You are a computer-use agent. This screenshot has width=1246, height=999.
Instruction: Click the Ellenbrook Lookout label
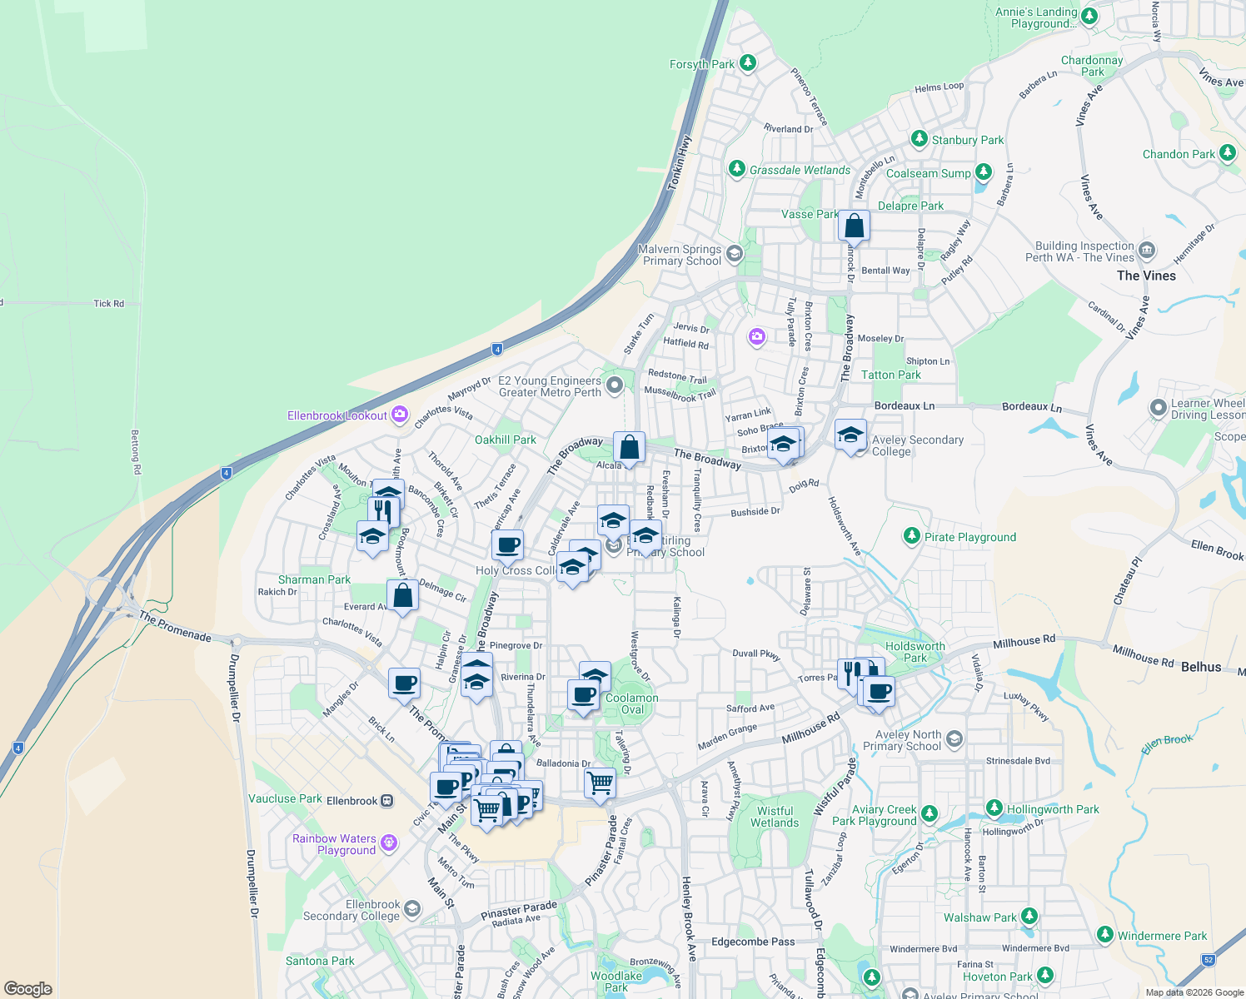click(x=337, y=415)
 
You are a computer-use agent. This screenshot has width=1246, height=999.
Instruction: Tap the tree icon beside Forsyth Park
click(x=748, y=63)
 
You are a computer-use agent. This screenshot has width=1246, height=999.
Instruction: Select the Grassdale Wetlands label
click(x=800, y=170)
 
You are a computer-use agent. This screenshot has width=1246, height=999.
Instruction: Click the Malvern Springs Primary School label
click(x=681, y=255)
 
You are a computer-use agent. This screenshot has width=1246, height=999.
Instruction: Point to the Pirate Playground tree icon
click(x=912, y=536)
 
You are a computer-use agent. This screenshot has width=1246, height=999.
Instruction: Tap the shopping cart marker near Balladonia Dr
click(x=600, y=783)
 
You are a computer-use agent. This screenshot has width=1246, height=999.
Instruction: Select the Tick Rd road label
click(x=108, y=304)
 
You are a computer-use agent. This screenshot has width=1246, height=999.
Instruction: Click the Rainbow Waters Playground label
click(x=334, y=844)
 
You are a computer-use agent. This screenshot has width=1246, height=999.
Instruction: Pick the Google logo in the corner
click(x=27, y=989)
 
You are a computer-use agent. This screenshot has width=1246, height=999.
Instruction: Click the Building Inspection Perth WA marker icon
click(x=1147, y=250)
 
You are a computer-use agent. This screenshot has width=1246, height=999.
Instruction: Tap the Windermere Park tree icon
click(x=1105, y=935)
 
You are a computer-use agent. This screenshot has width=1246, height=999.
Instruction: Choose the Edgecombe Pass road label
click(x=753, y=942)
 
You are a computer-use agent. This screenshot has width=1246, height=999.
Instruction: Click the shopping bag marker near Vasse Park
click(x=854, y=225)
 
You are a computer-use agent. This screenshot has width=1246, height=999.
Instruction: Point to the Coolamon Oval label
click(x=632, y=703)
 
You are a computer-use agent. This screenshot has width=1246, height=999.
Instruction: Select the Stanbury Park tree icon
click(x=920, y=139)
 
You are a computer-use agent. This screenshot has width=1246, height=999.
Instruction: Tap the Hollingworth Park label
click(x=1053, y=809)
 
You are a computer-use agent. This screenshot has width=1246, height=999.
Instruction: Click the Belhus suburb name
click(x=1200, y=667)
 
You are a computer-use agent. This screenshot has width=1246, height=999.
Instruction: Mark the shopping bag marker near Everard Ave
click(x=402, y=596)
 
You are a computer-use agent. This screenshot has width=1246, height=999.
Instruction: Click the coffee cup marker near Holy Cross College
click(x=507, y=546)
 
